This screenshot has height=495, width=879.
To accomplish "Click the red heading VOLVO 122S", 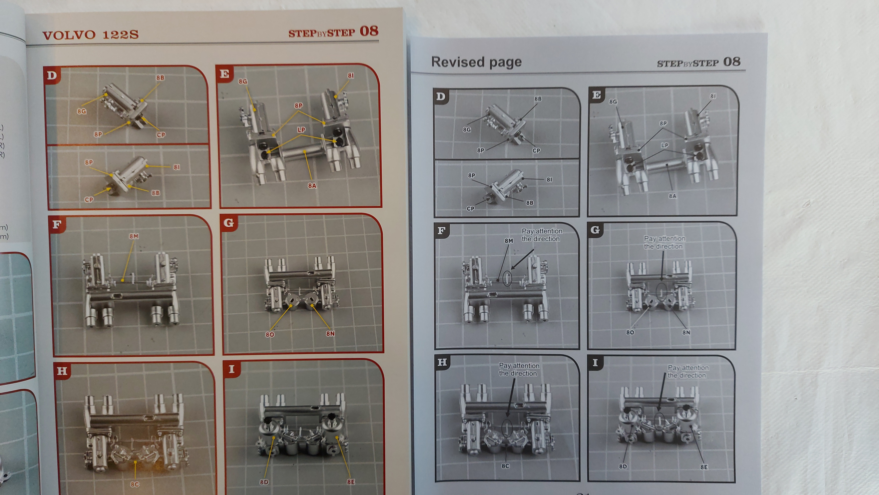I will (x=90, y=35).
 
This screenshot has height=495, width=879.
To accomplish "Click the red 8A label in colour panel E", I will (x=312, y=186).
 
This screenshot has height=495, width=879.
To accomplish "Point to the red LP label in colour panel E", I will (x=301, y=130).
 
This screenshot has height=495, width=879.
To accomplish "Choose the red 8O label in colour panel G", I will (x=270, y=334).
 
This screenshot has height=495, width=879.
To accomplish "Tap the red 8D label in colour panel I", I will (x=264, y=482).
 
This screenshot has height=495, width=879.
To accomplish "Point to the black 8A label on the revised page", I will (x=672, y=196).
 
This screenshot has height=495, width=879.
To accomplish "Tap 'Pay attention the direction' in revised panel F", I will (x=542, y=235).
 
